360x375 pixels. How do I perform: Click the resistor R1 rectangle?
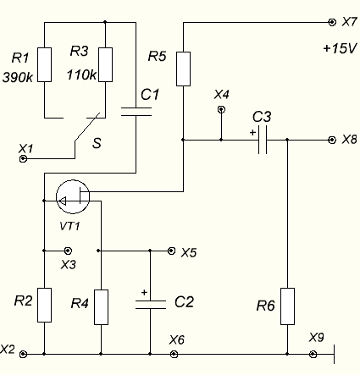[45, 65]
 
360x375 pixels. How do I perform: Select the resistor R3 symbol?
[105, 65]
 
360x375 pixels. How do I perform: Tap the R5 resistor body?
[183, 69]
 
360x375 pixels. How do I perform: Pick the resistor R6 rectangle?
[287, 306]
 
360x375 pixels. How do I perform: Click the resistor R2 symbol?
[45, 305]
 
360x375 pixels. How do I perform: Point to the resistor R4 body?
[101, 307]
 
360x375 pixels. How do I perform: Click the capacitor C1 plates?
[136, 112]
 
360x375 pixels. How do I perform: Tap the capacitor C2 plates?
[150, 305]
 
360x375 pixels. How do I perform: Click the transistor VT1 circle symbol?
[73, 196]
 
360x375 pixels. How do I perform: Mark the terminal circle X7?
[332, 22]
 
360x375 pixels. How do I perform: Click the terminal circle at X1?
[23, 159]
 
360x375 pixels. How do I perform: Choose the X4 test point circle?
[221, 109]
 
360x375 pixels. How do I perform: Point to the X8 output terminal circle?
[332, 140]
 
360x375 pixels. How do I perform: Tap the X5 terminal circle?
[171, 251]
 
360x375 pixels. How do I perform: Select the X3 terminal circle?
[68, 251]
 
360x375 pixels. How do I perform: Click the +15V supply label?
[340, 48]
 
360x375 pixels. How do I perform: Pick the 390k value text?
[18, 77]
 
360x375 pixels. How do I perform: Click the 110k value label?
[81, 75]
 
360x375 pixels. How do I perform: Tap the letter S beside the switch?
[97, 143]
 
